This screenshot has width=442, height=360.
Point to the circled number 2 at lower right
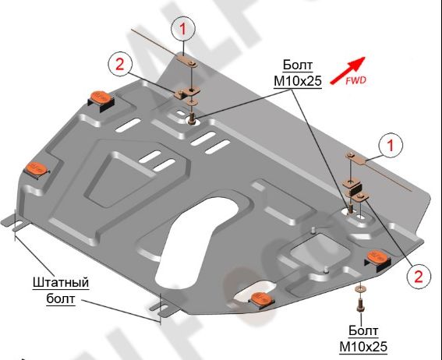[x=419, y=275]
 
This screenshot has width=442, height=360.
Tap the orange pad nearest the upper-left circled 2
[x=101, y=97]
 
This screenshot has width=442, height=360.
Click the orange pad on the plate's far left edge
[x=36, y=168]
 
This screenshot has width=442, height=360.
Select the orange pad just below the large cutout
[x=261, y=297]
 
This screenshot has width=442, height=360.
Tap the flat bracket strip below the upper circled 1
[x=186, y=59]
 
